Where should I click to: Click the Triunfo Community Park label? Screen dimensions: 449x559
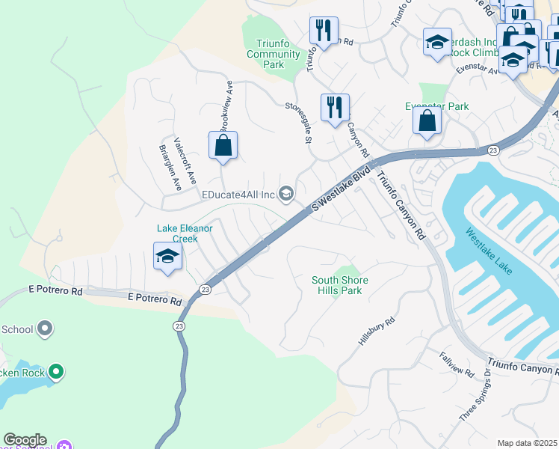pos(274,54)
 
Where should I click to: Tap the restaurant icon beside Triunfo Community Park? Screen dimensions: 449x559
pos(324,31)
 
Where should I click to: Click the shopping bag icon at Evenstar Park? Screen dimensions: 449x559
pos(427,120)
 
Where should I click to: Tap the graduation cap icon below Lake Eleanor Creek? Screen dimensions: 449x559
pos(168,257)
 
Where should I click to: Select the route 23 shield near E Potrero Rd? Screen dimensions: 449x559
pos(205,289)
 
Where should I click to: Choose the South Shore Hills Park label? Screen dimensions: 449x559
pos(340,286)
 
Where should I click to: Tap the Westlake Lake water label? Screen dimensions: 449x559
pos(489,251)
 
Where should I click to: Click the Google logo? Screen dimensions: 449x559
pos(25,440)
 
